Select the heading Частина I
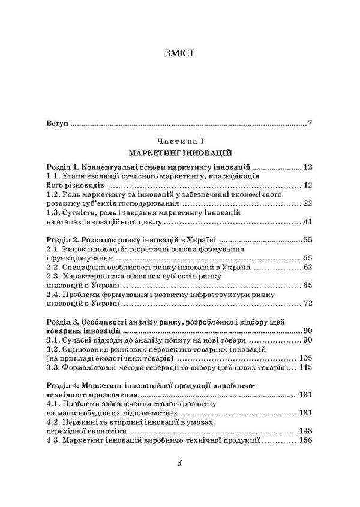[179, 140]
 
